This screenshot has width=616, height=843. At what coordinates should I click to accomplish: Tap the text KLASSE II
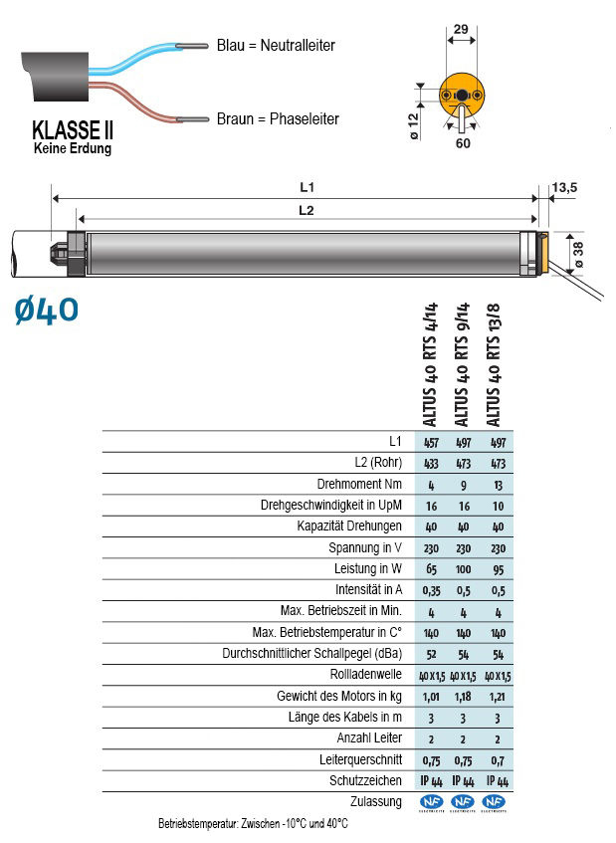(x=73, y=130)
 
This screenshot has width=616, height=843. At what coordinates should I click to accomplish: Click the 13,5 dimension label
(x=564, y=188)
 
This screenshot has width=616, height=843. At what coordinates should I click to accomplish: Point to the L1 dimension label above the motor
(x=307, y=187)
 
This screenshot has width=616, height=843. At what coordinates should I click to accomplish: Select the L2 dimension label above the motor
(x=307, y=210)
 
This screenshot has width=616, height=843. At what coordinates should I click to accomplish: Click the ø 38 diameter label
(x=578, y=255)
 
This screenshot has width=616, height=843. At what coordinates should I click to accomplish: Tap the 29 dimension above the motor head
(x=461, y=29)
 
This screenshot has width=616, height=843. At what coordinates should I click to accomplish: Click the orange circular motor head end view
(x=462, y=96)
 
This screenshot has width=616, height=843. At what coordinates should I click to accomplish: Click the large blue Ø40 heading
(x=47, y=311)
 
